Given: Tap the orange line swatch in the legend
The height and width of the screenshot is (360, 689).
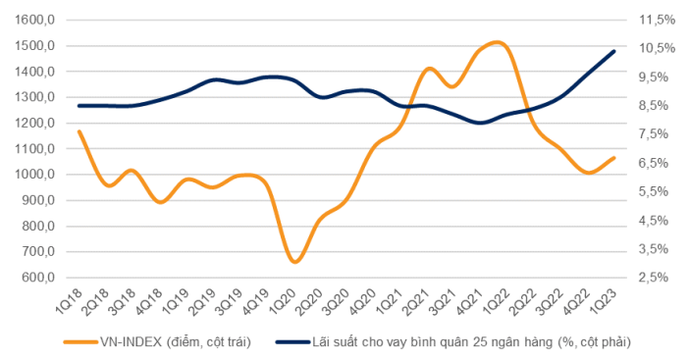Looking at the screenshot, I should pos(82,342).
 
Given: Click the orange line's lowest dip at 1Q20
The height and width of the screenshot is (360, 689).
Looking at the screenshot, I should pos(294,262).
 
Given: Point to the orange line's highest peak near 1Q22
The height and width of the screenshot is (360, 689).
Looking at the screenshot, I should pos(497,42).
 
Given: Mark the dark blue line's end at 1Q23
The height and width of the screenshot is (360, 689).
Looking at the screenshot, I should pos(614,51).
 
